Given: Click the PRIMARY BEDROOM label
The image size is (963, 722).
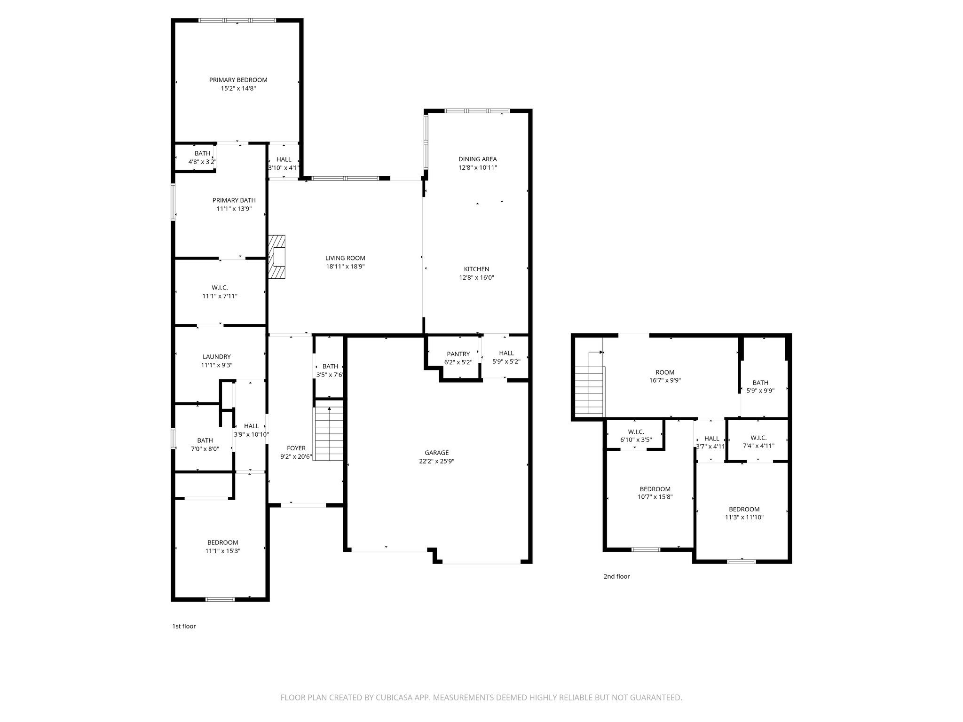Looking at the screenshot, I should [x=238, y=80].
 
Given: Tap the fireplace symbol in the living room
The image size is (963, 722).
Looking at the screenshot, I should [x=277, y=257].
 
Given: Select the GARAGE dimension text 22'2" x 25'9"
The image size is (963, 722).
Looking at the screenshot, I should [x=436, y=461].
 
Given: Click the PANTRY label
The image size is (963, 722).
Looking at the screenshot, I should [x=458, y=354].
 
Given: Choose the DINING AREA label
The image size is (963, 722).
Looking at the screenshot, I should [x=477, y=159].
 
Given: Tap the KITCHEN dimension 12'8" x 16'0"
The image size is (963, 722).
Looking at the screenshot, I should [x=476, y=277].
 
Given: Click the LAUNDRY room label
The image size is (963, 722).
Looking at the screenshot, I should [x=216, y=357].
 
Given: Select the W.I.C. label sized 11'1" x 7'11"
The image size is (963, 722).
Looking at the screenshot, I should [x=220, y=288].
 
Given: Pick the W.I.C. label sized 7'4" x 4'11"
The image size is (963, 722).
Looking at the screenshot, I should [x=758, y=438].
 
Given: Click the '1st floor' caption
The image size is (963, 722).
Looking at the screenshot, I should [x=184, y=626].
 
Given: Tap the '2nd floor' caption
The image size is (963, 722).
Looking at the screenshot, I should [x=616, y=576].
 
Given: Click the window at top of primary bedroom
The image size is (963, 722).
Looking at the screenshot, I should [x=237, y=20].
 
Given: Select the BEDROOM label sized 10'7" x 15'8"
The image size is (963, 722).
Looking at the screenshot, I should [x=655, y=489].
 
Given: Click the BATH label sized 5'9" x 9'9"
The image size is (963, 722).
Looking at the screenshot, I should [x=760, y=383].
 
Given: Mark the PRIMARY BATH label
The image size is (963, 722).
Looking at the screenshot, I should [x=234, y=200].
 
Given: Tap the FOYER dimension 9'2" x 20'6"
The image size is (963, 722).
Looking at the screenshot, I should [x=296, y=456].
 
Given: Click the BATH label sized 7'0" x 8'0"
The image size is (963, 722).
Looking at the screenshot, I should [x=205, y=440].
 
